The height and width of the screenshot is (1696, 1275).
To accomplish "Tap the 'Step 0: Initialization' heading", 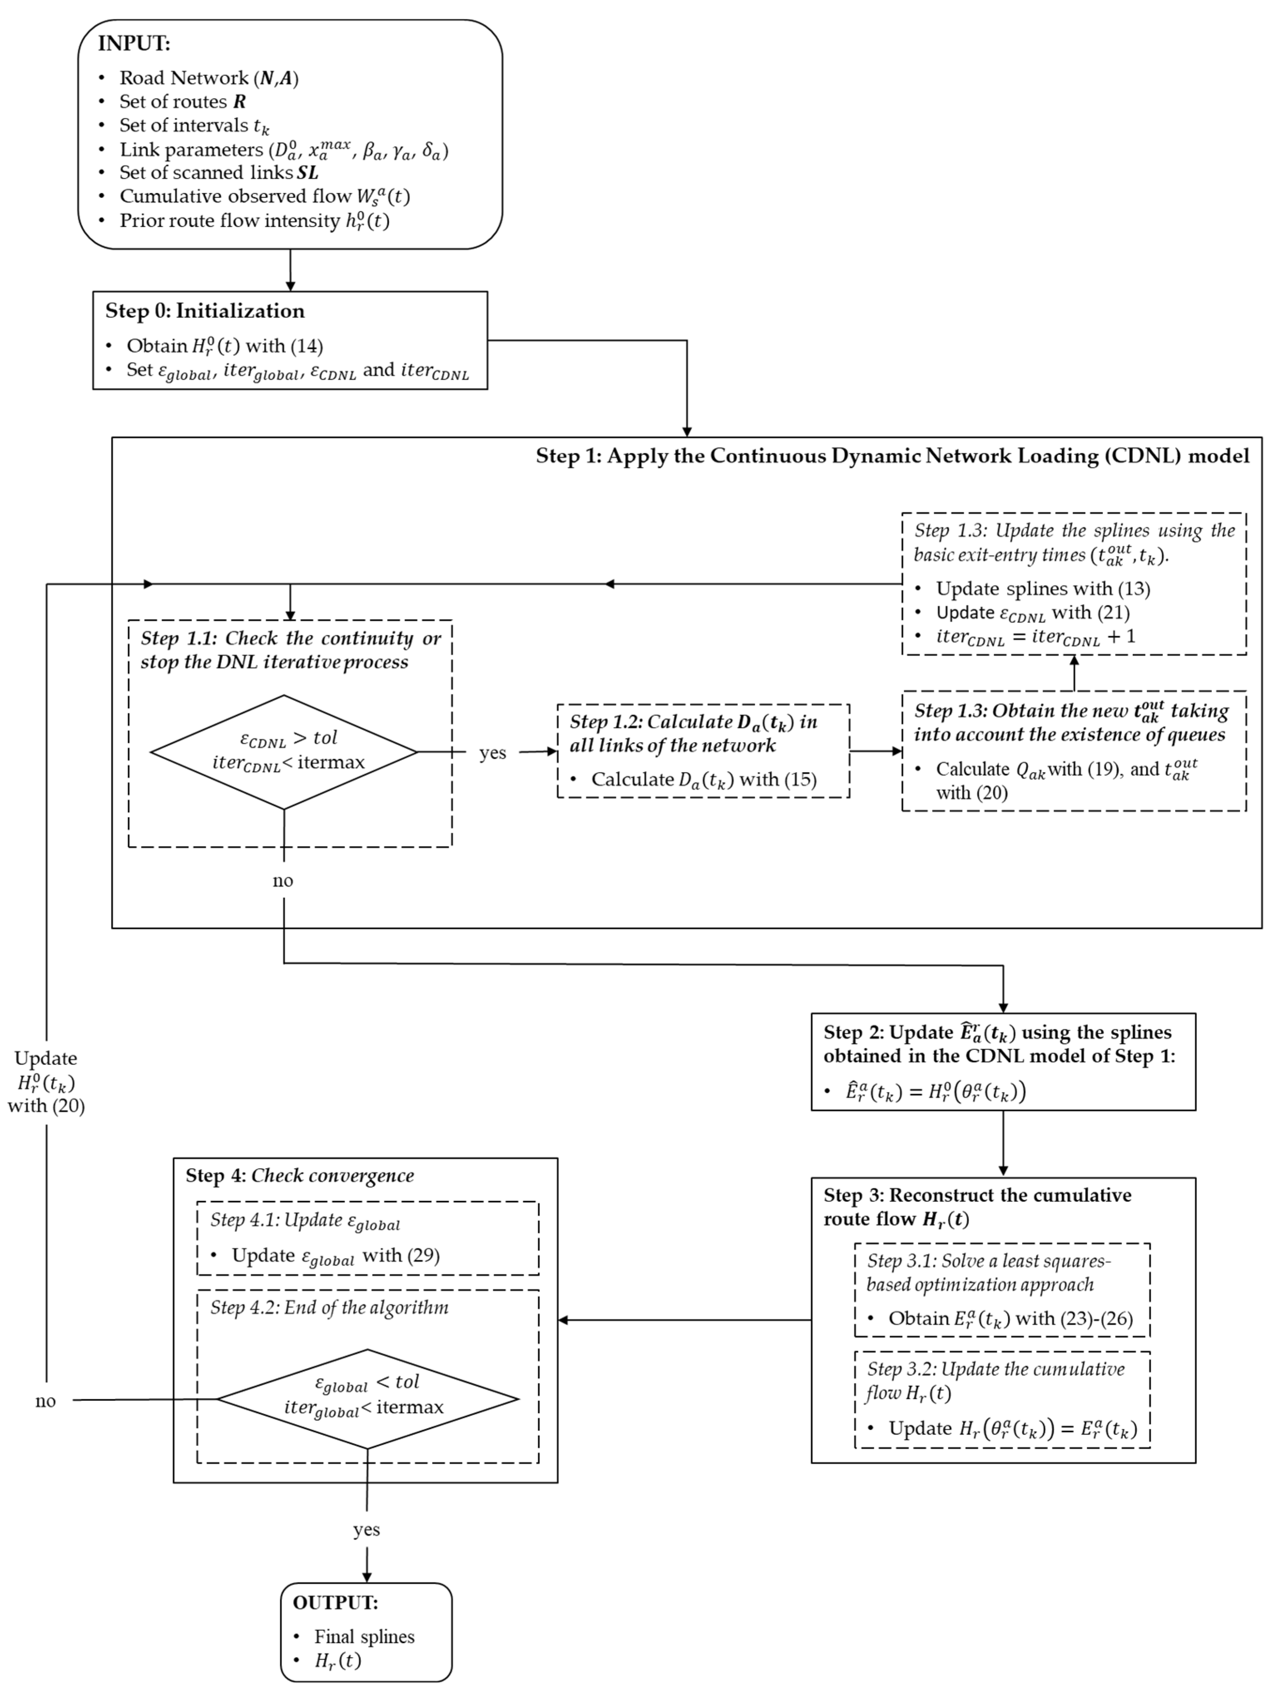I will point(205,311).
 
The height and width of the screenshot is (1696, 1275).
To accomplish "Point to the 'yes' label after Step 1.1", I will point(492,753).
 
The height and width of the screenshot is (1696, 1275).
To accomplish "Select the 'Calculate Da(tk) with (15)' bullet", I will point(703,780).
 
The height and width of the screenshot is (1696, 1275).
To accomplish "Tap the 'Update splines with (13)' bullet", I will point(1042,589).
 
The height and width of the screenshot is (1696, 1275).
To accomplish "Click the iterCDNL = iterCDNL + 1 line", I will point(1035,637).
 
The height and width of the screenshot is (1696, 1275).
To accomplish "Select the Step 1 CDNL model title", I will point(892,456).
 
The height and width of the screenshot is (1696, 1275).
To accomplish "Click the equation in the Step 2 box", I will point(935,1091).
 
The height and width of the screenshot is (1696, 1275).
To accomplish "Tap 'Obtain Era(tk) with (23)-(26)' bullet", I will point(1010,1319).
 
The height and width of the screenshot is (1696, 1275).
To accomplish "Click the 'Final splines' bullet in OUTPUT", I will point(363,1637).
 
